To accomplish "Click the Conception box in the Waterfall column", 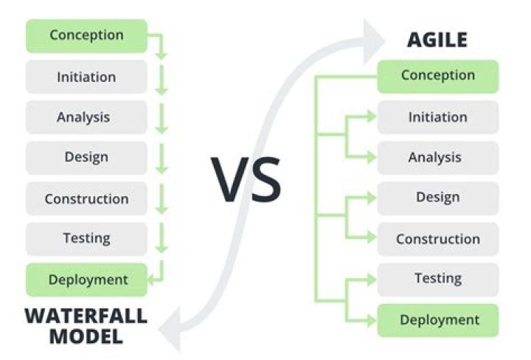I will tap(86, 35).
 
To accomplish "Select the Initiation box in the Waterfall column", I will tap(86, 76).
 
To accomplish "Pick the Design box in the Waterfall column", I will tap(86, 157).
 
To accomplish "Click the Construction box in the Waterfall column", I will tap(86, 198).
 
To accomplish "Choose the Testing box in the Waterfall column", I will tap(86, 238).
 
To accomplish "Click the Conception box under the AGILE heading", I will tap(437, 75).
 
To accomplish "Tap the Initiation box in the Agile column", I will tap(437, 117).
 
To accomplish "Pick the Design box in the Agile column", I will tap(437, 197).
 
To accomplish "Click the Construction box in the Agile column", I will tap(437, 239).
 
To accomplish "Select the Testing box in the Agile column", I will tap(437, 278).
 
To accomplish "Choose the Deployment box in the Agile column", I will tap(439, 319).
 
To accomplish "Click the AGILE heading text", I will tap(437, 39).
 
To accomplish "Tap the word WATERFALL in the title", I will tap(86, 316).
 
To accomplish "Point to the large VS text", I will tap(247, 179).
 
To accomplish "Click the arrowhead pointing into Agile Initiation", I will tap(370, 116).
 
